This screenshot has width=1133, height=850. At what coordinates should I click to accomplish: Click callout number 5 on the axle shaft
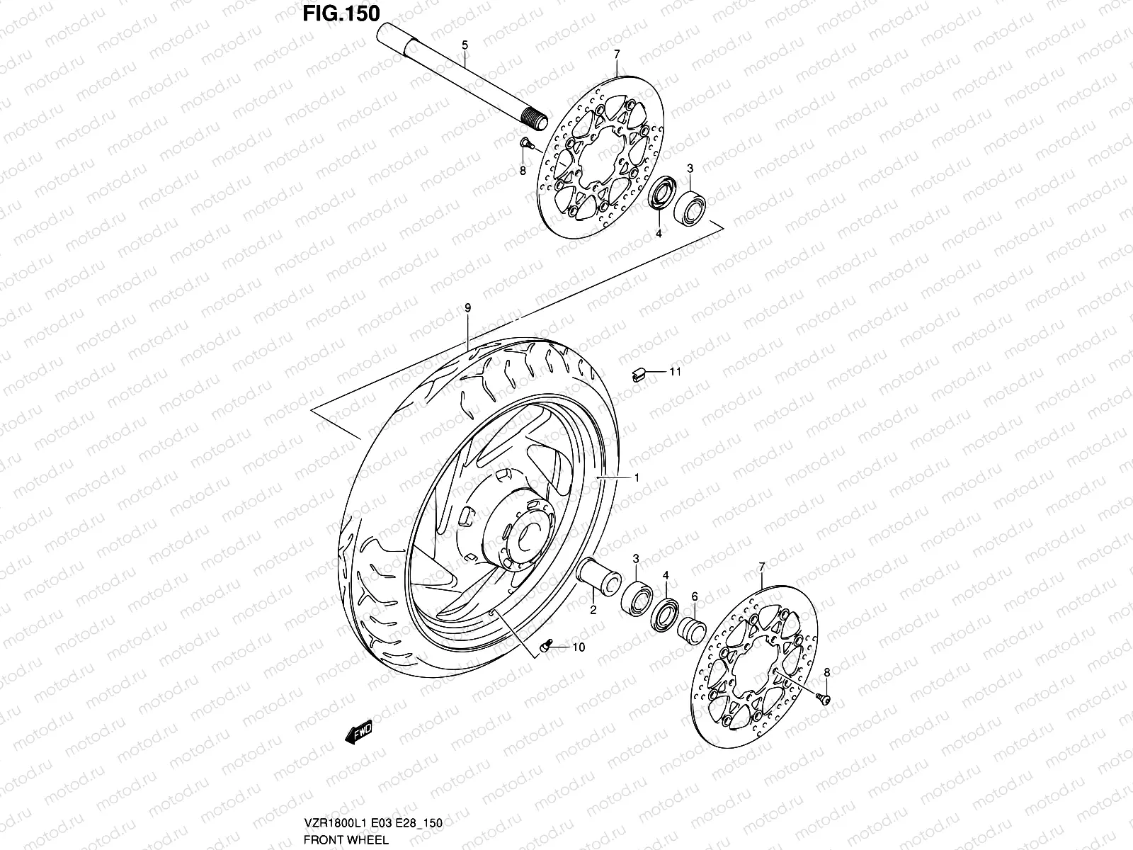(465, 45)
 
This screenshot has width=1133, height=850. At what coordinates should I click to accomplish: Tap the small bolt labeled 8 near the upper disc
(525, 144)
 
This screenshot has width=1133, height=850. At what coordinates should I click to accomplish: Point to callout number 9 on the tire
(467, 307)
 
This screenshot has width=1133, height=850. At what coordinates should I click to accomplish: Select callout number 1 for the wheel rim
(637, 478)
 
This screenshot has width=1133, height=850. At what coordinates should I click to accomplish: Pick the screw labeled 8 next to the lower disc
(823, 698)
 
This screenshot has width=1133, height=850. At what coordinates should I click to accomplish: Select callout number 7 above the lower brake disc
(762, 567)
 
